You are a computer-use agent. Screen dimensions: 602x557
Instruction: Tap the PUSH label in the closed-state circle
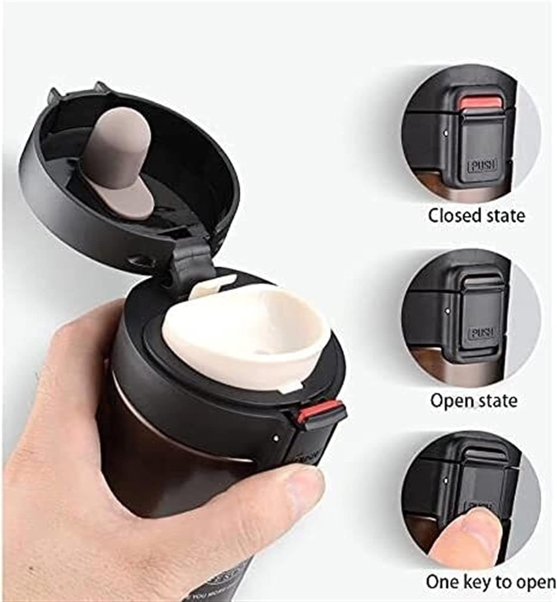point(482,165)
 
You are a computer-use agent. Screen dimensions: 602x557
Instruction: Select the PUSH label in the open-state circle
point(482,333)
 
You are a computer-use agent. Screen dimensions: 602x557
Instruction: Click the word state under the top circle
point(504,216)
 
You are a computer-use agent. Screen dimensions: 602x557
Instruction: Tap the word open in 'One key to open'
point(535,582)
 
